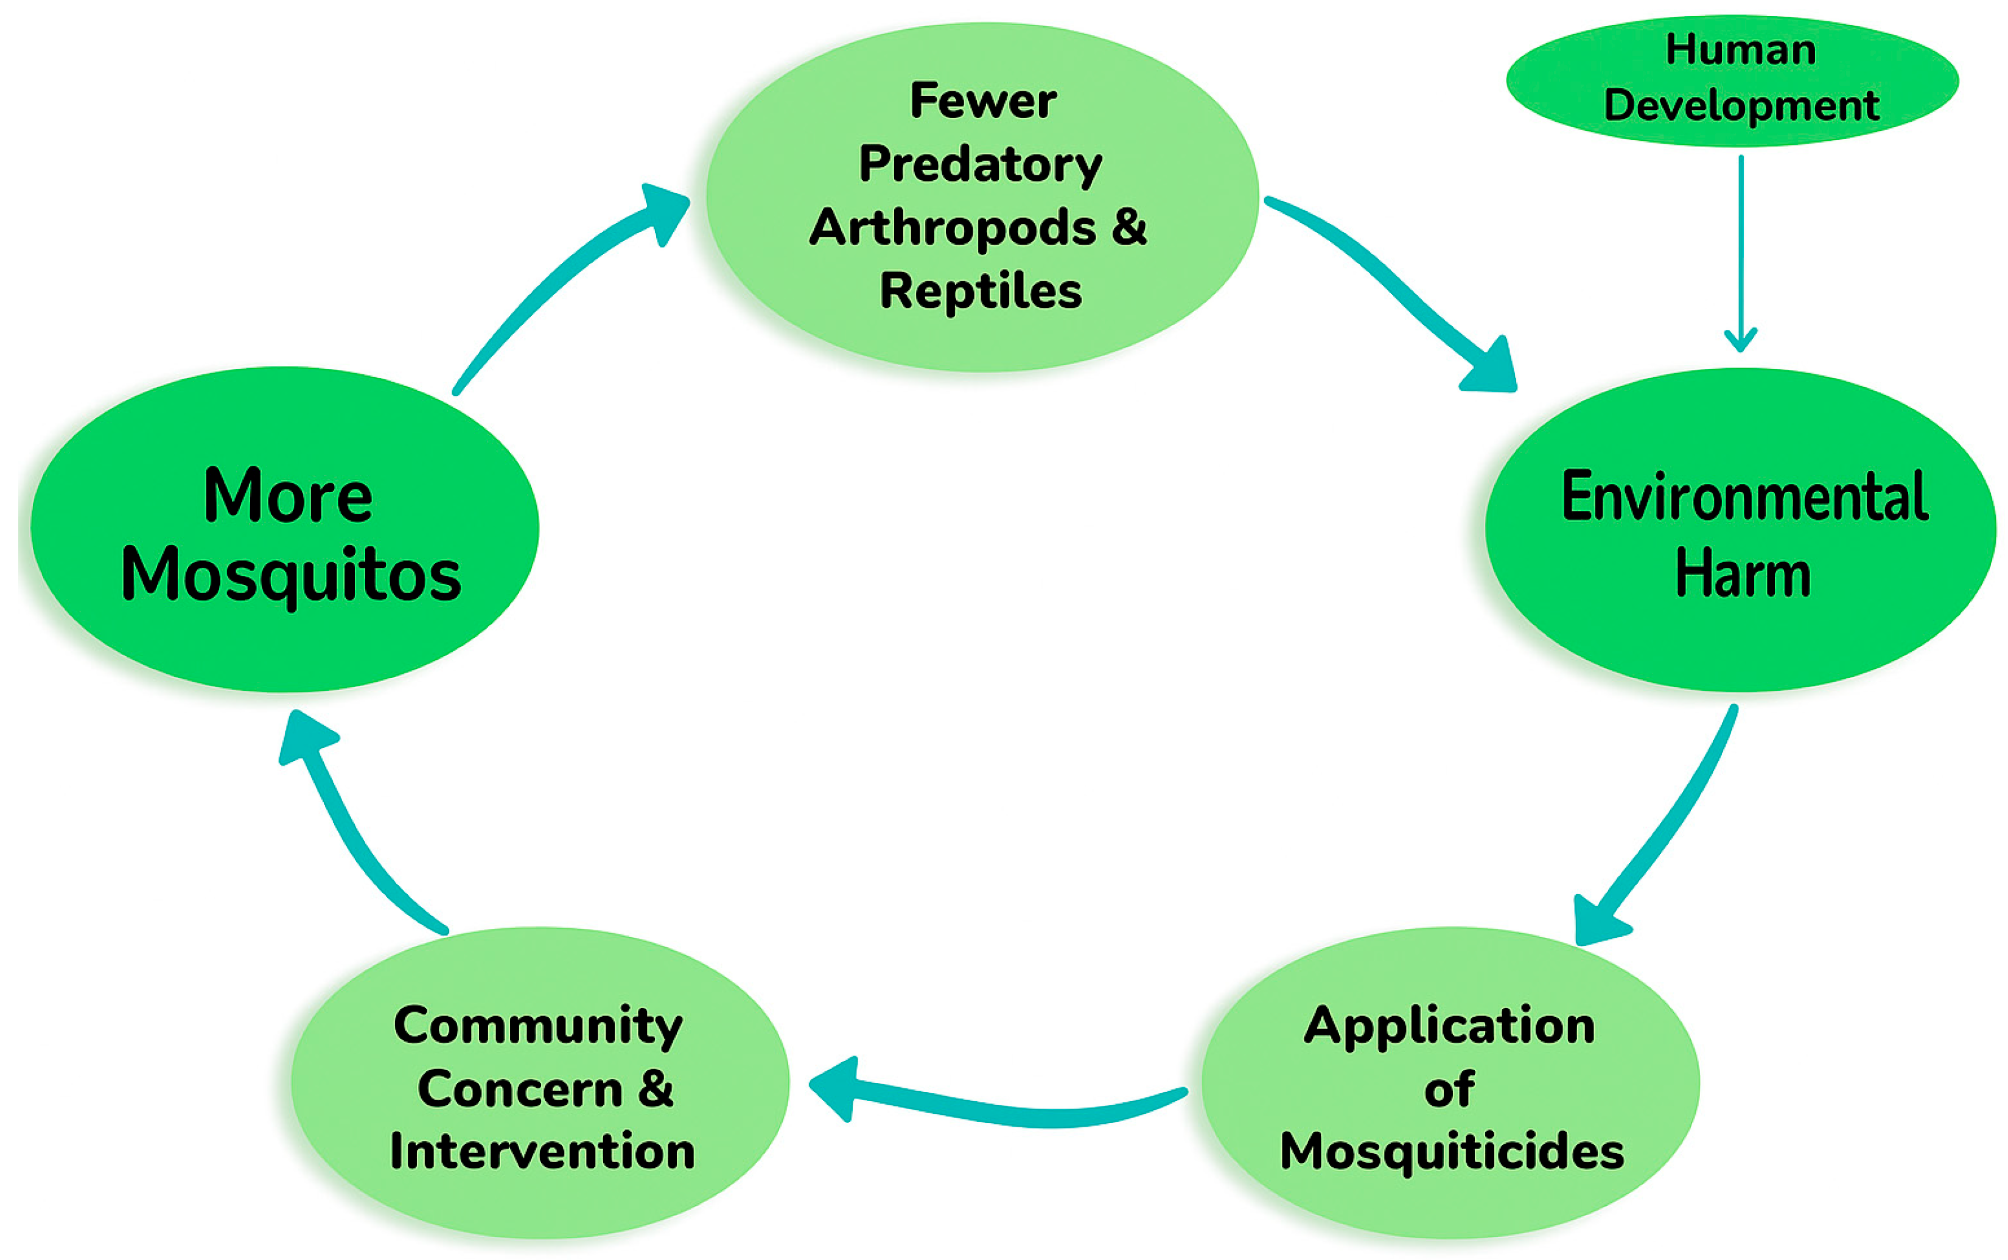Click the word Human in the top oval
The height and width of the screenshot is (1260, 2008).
pos(1741,50)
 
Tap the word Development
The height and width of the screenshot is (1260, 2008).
pos(1741,106)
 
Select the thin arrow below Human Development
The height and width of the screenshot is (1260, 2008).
pos(1741,250)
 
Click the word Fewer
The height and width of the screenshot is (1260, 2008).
pos(983,101)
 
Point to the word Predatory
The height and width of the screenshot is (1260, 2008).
pos(981,164)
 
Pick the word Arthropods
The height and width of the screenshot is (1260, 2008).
pos(951,228)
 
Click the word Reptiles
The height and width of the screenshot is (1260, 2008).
pos(981,291)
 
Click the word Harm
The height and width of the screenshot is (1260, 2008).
pos(1743,573)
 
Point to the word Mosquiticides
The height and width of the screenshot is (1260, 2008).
pos(1452,1152)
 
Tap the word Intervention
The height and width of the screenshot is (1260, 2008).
pos(542,1152)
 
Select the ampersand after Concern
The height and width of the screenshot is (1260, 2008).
pos(656,1088)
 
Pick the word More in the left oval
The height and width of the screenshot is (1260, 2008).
pos(289,497)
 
